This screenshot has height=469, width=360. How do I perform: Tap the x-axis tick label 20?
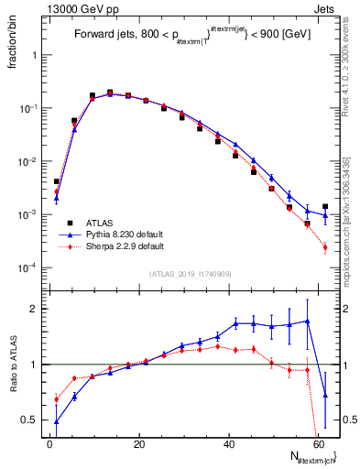pyautogui.click(x=139, y=444)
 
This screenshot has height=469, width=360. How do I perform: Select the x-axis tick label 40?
pyautogui.click(x=228, y=444)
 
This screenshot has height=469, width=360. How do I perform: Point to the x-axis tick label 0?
pyautogui.click(x=50, y=444)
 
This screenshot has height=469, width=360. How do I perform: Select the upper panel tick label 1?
pyautogui.click(x=35, y=55)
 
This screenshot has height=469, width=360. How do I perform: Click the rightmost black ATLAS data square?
pyautogui.click(x=325, y=207)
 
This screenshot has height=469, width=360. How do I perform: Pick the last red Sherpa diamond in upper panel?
pyautogui.click(x=325, y=247)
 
